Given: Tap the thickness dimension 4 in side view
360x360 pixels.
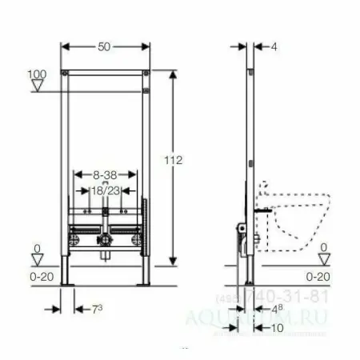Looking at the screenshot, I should pos(274,48).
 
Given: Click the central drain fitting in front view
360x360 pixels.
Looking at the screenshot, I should pos(105,239).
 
